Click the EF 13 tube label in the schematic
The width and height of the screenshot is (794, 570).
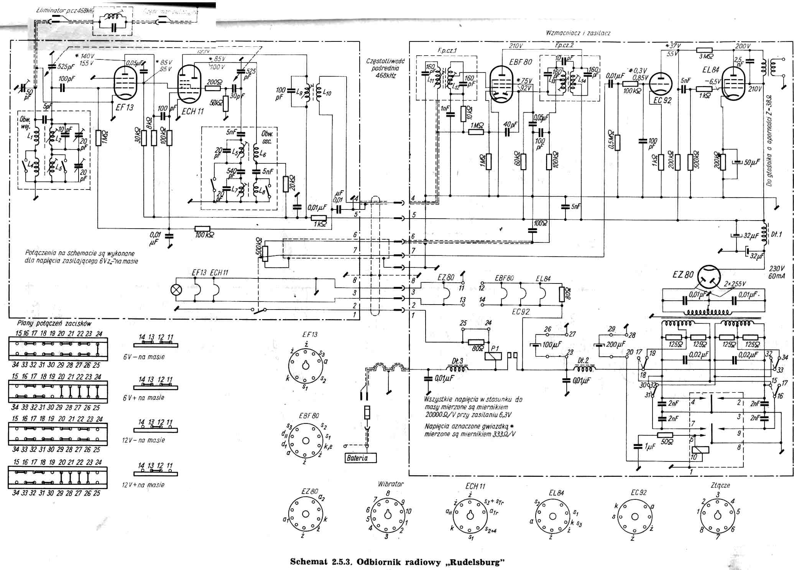[125, 108]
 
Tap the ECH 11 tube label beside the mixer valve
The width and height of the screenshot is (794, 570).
[193, 112]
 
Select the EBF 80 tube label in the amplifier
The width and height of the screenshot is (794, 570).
[520, 62]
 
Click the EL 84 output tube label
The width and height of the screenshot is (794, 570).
[710, 70]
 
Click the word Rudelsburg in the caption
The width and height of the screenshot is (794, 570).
[475, 562]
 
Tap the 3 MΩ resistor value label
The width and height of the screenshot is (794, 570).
[706, 57]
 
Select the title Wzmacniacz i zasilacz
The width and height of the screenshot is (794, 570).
[578, 33]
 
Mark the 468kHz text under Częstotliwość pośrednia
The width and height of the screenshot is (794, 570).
[386, 76]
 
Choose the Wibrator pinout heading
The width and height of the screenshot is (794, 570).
[391, 484]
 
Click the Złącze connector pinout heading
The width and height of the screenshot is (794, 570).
[720, 485]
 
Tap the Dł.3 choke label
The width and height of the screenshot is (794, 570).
[457, 361]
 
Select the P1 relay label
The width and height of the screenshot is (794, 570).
[495, 348]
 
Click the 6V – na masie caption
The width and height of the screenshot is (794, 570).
[144, 357]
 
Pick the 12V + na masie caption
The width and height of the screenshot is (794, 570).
[143, 485]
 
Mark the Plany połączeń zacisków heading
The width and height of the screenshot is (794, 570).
[54, 323]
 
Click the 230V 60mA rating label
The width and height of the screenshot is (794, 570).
[776, 272]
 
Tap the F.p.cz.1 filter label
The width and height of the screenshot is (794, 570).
[447, 50]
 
